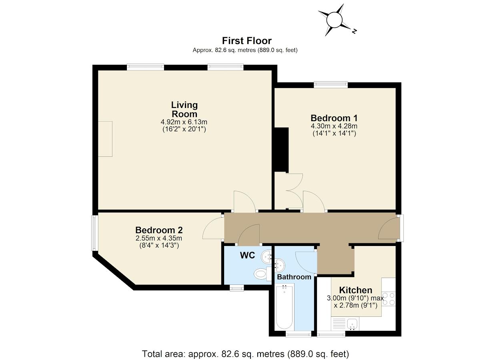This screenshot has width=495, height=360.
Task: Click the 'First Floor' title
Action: (247, 41)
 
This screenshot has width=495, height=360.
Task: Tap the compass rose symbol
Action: (335, 20)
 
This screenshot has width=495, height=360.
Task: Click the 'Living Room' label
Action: (184, 109)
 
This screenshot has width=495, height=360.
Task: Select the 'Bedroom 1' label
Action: (334, 118)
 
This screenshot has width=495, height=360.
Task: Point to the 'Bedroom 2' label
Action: (159, 230)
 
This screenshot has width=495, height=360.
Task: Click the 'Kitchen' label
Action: (355, 290)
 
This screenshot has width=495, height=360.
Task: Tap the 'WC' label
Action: (247, 256)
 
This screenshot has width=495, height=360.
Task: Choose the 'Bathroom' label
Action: (294, 277)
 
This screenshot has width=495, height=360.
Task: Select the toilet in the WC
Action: (261, 274)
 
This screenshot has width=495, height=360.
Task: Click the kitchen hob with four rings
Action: (389, 298)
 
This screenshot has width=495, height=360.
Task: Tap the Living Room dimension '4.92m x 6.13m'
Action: (184, 122)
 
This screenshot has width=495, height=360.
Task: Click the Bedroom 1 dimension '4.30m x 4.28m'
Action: (334, 126)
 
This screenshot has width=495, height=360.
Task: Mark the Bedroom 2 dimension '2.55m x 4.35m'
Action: (159, 238)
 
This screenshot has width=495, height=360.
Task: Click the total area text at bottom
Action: (246, 354)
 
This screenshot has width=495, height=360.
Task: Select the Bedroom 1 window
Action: (331, 84)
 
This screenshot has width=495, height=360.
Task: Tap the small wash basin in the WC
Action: (267, 256)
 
